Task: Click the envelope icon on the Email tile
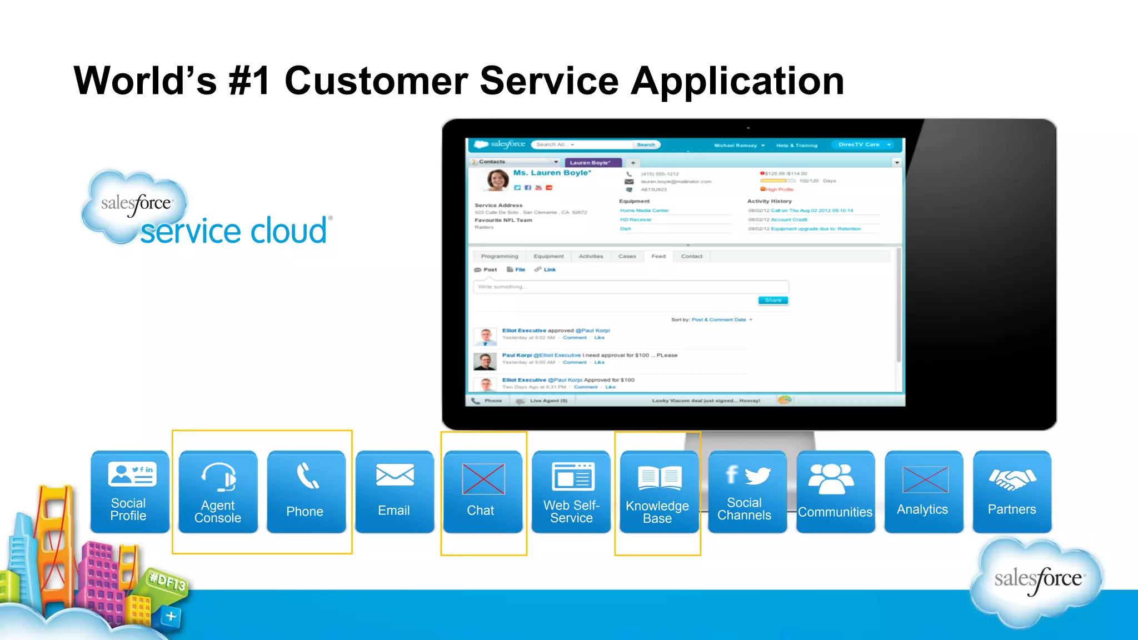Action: coord(395,476)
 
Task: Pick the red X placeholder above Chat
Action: coord(483,479)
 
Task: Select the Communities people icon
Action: coord(831,478)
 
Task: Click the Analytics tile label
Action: coord(922,509)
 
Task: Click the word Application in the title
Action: coord(737,82)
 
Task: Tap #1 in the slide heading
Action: coord(249,81)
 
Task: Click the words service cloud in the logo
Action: coord(233,231)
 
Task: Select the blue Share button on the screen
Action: coord(773,301)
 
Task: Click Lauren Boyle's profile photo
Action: coord(497,181)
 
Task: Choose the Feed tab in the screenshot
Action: coord(658,257)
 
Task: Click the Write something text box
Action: coord(631,287)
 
